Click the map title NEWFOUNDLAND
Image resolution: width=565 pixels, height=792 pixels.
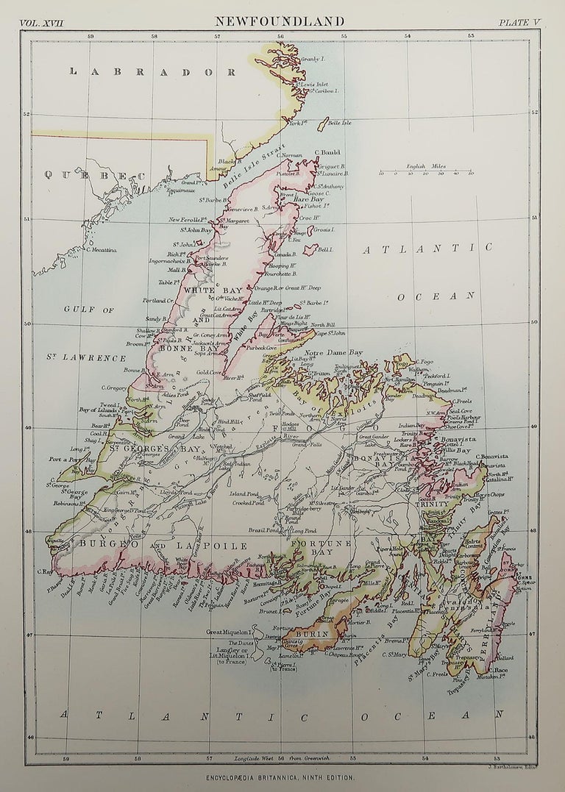pos(279,22)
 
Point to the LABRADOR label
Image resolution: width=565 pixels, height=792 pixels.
pos(152,72)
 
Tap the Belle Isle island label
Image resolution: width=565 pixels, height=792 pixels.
pos(340,122)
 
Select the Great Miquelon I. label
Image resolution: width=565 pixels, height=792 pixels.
pos(230,631)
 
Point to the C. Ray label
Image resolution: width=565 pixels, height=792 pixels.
pos(44,571)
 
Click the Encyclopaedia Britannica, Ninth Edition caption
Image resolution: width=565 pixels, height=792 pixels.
pos(280,777)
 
